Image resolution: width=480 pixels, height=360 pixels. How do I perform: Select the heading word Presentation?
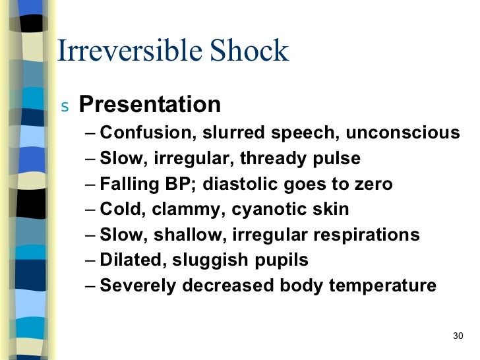point(150,104)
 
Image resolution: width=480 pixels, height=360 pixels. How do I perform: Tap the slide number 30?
point(459,336)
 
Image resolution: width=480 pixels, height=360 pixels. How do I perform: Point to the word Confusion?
point(144,133)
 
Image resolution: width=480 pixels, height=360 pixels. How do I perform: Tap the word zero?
point(372,184)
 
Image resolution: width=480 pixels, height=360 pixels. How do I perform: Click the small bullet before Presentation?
point(64,106)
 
